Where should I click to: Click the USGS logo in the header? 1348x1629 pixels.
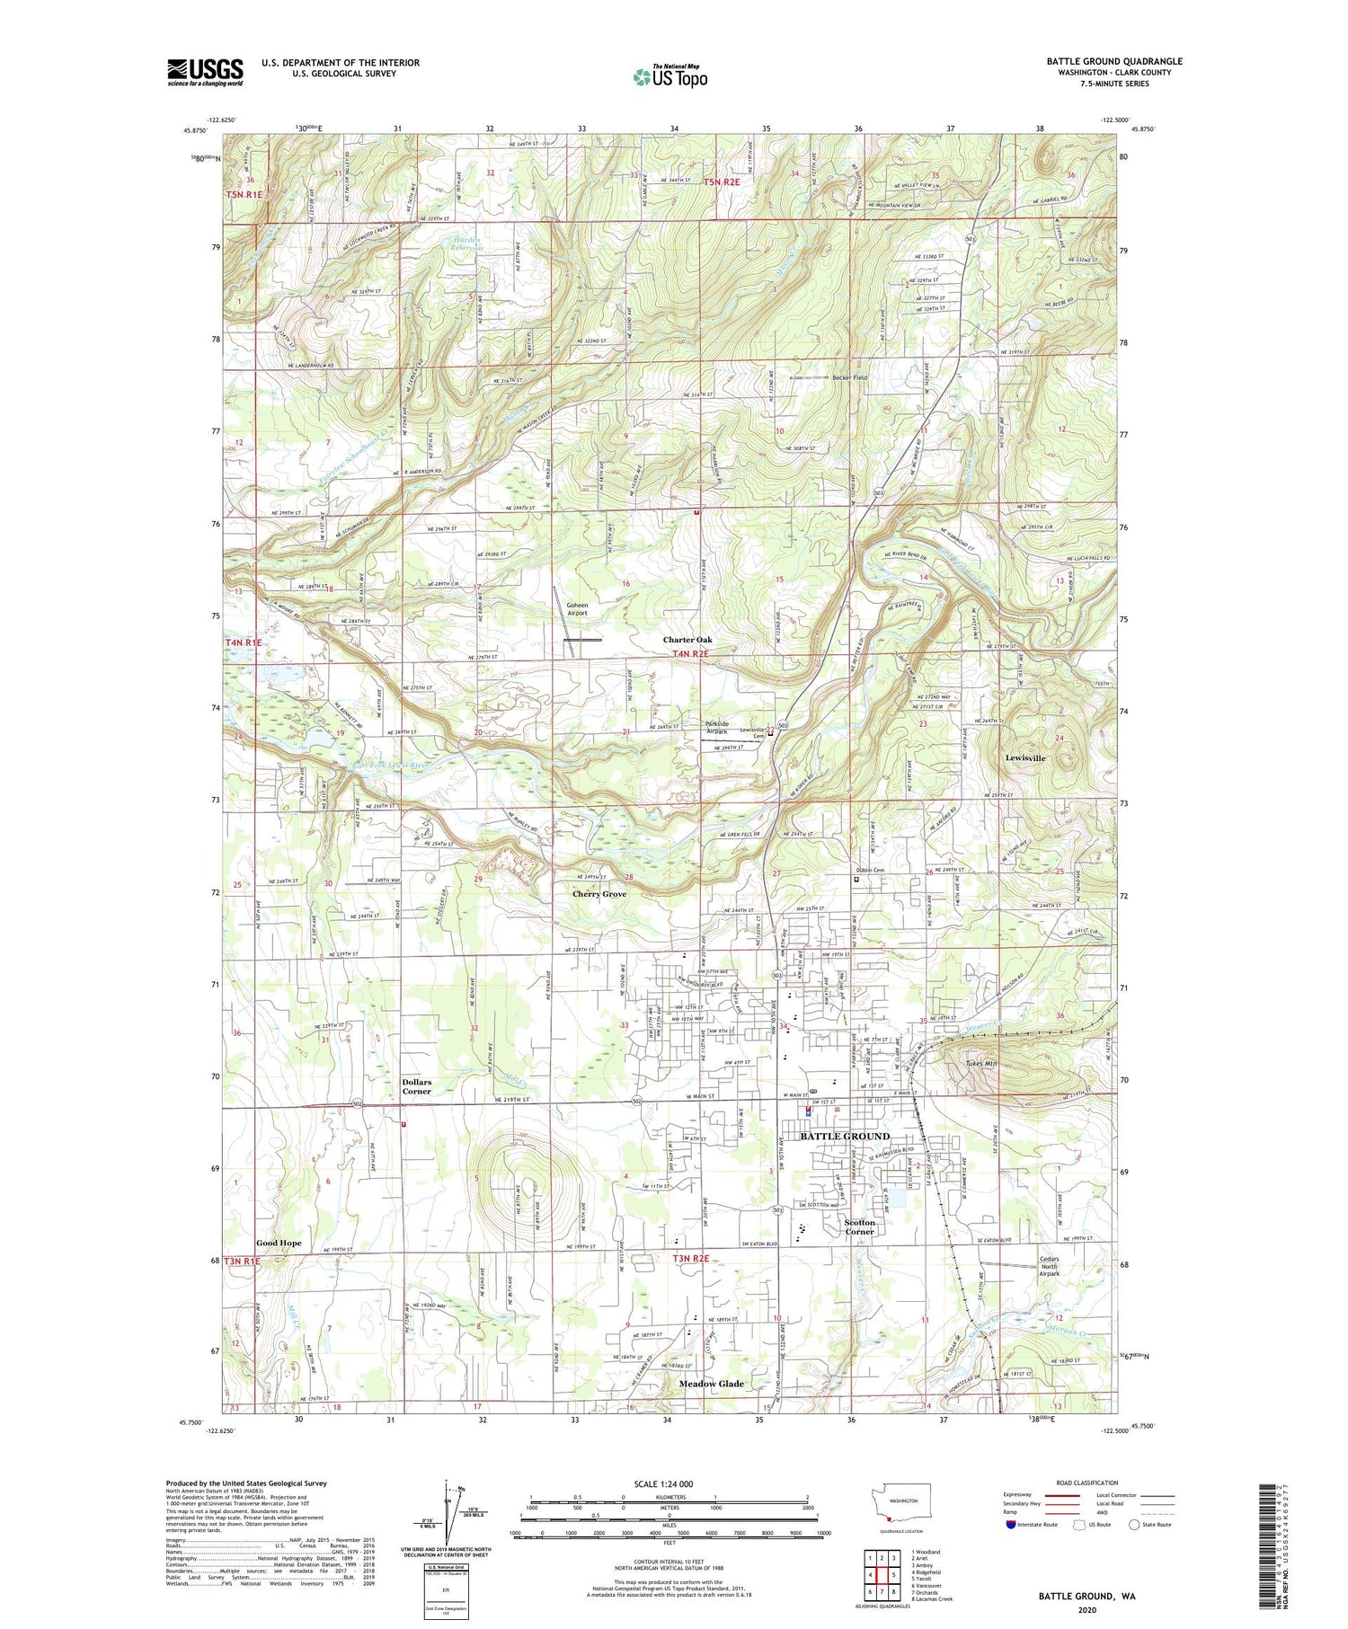205,71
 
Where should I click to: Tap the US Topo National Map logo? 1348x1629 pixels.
670,76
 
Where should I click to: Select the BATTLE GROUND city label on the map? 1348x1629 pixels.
844,1136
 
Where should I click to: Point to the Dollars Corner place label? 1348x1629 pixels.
417,1086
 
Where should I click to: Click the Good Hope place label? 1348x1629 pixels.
279,1243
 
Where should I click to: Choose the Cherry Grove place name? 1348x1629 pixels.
599,894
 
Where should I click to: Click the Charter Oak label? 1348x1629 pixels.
687,640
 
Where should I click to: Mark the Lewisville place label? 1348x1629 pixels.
1025,757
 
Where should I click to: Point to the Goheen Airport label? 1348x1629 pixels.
577,608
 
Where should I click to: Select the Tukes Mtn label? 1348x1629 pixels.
982,1064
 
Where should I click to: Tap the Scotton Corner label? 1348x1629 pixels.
859,1226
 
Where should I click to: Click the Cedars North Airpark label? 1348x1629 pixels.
1049,1265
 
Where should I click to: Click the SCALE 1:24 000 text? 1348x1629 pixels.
669,1483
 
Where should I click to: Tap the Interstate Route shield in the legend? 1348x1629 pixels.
1012,1525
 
